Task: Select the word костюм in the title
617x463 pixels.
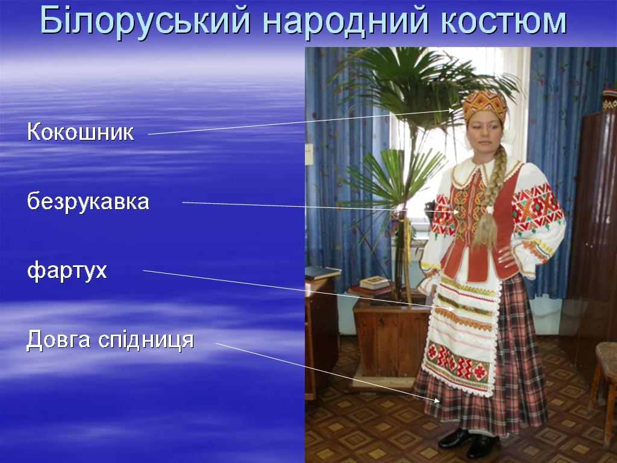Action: pos(504,21)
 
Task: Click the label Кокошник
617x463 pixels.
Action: pos(80,131)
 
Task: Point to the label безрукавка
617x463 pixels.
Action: pos(88,201)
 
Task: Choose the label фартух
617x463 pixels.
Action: pos(67,271)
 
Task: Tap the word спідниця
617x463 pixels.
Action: pos(146,340)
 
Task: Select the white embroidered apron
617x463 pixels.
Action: pos(461,335)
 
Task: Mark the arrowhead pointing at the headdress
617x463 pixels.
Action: pos(451,111)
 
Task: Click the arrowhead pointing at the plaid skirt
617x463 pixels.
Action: pos(436,400)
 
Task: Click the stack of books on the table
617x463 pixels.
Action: pos(374,283)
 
